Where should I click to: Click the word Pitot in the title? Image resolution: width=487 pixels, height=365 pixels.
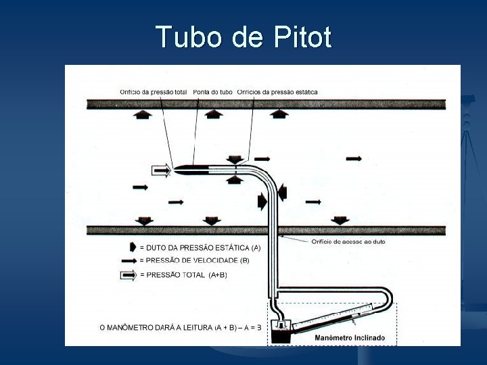point(302,37)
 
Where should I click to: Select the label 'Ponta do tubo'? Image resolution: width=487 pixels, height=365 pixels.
point(213,91)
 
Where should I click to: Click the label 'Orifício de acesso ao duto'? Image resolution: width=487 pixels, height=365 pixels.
point(348,241)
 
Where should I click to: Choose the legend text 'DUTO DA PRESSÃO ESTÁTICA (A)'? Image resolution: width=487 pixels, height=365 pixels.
point(200,247)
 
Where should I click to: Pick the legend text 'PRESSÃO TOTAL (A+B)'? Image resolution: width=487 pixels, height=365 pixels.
point(183,274)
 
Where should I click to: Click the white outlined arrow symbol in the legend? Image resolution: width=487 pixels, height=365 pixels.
point(129,274)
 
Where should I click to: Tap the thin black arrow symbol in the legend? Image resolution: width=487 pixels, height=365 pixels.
point(129,260)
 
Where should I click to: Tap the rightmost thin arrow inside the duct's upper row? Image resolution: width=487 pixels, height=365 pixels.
point(354,158)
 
